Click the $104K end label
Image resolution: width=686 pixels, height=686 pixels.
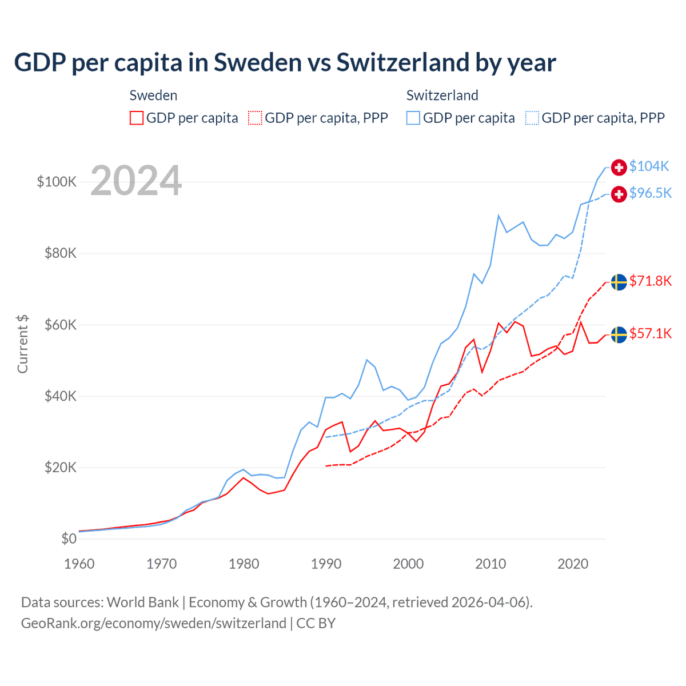(649, 166)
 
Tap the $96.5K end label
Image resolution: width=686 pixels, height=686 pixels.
(650, 193)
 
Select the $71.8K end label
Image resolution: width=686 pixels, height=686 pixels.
(650, 281)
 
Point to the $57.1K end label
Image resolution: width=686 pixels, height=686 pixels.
(650, 333)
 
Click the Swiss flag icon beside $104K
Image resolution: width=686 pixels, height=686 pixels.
(619, 167)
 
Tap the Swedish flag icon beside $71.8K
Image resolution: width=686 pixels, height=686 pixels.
(619, 282)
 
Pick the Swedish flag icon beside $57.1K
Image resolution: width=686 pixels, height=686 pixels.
(619, 335)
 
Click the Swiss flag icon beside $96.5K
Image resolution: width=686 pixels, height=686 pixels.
(619, 194)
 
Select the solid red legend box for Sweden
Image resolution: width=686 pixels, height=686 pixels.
(137, 118)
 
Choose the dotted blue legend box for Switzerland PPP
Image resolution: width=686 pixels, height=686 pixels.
(532, 118)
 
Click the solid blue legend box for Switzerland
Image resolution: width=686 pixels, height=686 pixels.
(413, 118)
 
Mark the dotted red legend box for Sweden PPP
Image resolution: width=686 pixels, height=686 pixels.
(255, 118)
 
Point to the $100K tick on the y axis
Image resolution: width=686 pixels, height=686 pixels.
(57, 182)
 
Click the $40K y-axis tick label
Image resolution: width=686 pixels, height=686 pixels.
(61, 396)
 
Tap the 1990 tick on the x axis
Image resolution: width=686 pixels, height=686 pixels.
(326, 564)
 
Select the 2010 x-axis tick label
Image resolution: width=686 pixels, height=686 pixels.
(490, 564)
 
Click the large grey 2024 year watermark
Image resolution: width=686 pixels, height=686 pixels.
(136, 180)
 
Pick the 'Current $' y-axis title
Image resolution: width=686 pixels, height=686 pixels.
(22, 344)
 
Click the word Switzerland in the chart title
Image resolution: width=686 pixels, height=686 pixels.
(402, 62)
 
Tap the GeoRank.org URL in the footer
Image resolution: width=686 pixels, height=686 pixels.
(154, 623)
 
